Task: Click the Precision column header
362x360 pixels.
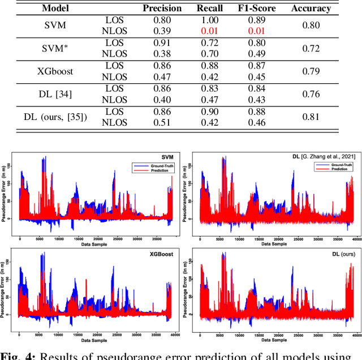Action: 162,9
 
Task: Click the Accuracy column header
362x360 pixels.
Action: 311,9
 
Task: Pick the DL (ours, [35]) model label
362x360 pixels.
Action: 55,117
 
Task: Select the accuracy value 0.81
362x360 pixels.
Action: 311,117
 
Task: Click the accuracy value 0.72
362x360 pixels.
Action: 311,48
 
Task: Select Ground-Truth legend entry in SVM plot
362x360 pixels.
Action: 156,165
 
